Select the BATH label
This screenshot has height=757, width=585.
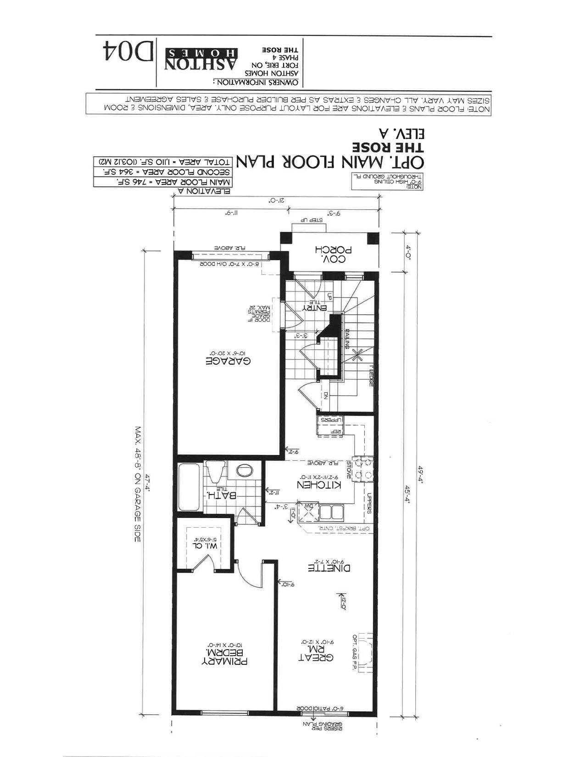point(221,495)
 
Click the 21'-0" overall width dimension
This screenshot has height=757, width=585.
point(275,200)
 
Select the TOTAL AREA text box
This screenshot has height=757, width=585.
point(162,162)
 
